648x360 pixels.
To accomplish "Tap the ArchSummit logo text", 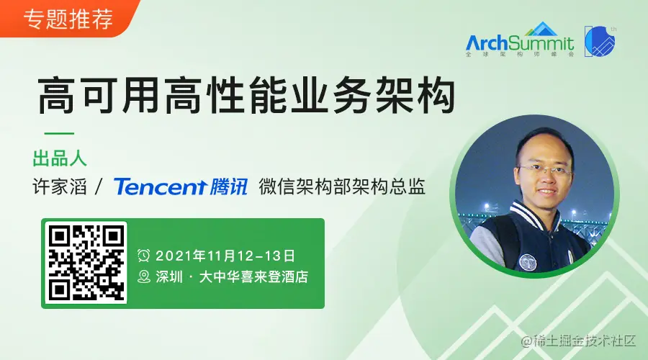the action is [x=520, y=42].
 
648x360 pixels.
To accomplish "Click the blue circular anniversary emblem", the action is [x=600, y=41].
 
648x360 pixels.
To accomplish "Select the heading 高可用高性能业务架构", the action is [x=247, y=94].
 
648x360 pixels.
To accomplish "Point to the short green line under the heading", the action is [x=59, y=133].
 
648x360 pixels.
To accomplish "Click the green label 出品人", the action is [x=60, y=158].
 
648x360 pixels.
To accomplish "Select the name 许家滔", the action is [x=60, y=186].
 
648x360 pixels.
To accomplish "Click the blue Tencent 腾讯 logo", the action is [x=181, y=186].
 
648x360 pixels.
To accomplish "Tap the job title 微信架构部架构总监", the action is [x=342, y=186].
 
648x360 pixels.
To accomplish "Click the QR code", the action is [x=86, y=263].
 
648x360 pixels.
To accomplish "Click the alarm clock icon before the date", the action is [x=143, y=256].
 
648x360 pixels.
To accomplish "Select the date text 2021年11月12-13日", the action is [x=225, y=256].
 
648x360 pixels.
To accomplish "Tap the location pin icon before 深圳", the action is [x=143, y=276].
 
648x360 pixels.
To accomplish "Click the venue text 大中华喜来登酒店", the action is [x=253, y=276].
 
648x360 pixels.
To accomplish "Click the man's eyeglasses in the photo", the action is [x=545, y=169].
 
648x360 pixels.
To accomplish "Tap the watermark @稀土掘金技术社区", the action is [x=578, y=341].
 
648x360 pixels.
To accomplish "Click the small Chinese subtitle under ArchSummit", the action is [x=520, y=54].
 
